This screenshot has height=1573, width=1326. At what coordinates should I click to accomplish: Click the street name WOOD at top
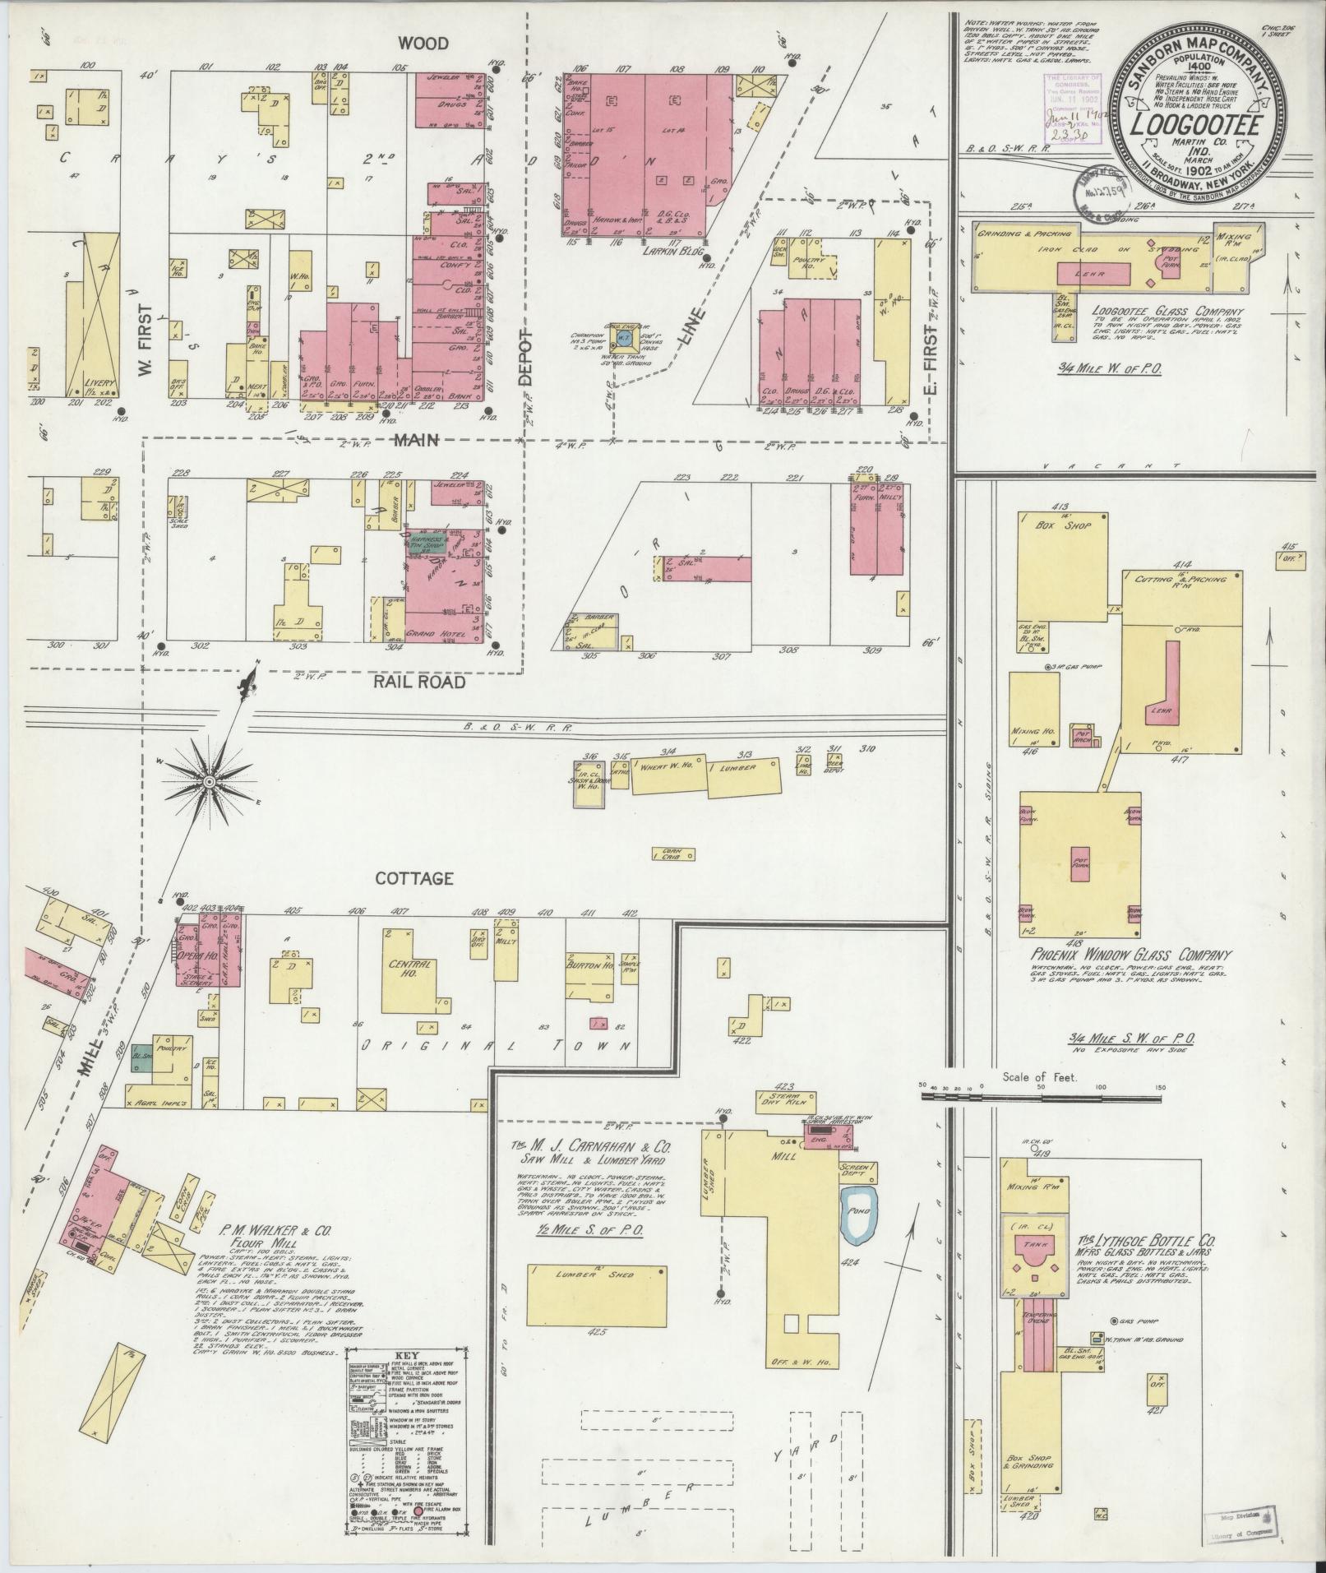(424, 43)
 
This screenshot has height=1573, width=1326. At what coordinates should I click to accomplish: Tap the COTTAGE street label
(414, 878)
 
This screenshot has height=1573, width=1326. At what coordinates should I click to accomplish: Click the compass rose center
(210, 780)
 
